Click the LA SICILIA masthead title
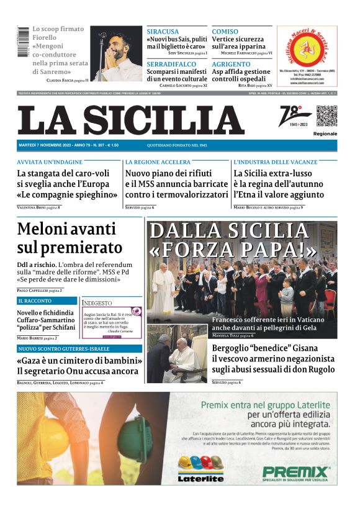(x=130, y=120)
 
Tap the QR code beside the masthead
(x=326, y=116)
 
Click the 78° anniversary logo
(x=294, y=115)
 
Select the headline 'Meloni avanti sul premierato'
(x=70, y=238)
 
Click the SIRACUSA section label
(x=163, y=31)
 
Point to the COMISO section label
(x=225, y=31)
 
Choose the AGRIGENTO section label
(x=231, y=64)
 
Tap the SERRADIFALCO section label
(x=171, y=64)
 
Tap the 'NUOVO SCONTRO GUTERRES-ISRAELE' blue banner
(x=71, y=349)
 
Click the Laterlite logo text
(x=200, y=478)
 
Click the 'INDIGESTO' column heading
(x=97, y=303)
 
